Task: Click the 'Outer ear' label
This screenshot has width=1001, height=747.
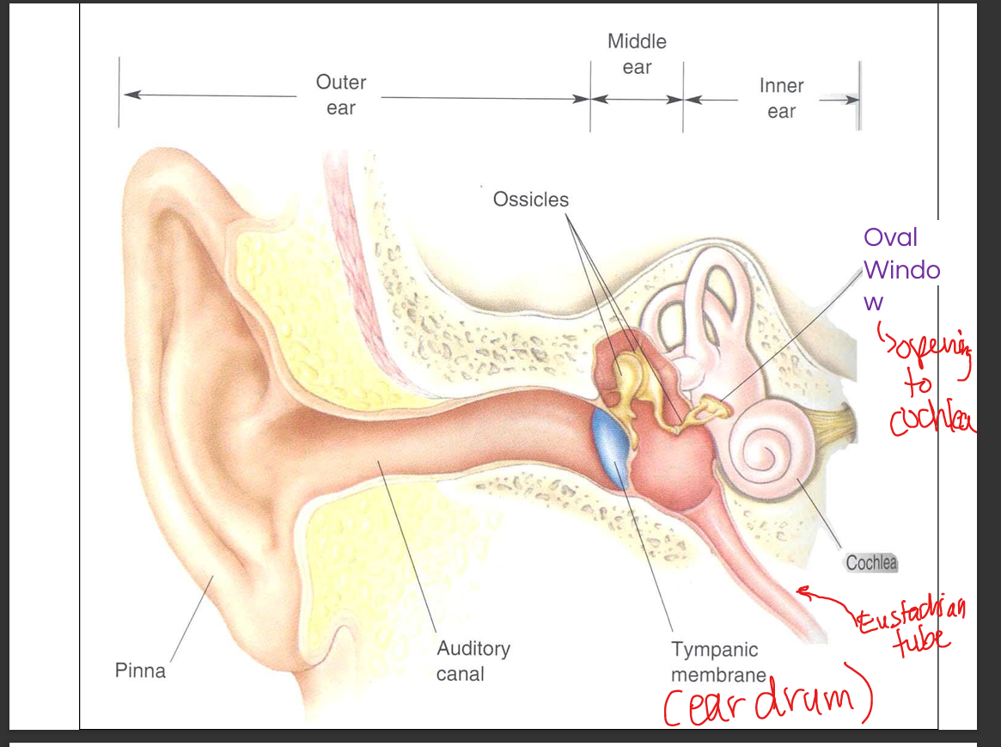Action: click(341, 95)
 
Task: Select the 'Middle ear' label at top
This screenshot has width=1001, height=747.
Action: click(637, 54)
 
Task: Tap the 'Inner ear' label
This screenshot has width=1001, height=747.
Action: click(781, 98)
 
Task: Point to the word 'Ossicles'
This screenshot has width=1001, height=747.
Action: click(530, 199)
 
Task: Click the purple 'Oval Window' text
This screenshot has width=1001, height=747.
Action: click(900, 269)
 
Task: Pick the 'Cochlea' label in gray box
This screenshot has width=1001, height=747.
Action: click(871, 563)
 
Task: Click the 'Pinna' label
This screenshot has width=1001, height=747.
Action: click(140, 670)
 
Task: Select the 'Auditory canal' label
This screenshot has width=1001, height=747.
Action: click(473, 661)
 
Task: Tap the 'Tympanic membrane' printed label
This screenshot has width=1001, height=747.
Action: click(715, 662)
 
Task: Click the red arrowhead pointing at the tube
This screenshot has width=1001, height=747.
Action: click(803, 591)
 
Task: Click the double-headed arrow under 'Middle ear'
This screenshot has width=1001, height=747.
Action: click(637, 99)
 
